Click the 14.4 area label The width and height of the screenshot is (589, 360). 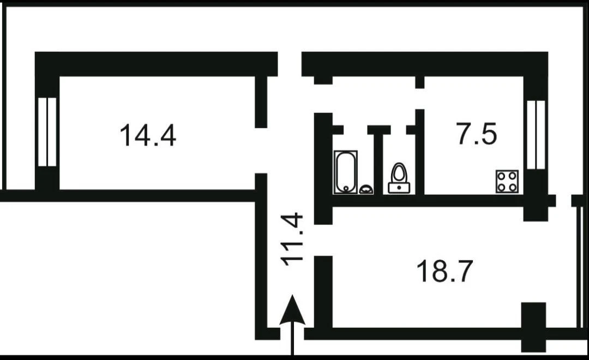[148, 135]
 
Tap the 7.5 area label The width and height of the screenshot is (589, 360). [477, 134]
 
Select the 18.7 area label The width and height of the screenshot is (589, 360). [444, 271]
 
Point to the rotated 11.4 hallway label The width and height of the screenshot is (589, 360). [293, 239]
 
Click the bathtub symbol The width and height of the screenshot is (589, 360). [346, 172]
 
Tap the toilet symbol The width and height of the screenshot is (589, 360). [399, 178]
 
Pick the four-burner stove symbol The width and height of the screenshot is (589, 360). [507, 182]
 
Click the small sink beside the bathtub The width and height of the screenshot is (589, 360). [366, 189]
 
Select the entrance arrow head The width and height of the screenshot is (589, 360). [292, 310]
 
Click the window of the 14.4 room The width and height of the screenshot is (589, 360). [47, 132]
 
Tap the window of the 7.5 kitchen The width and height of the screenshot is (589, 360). [536, 135]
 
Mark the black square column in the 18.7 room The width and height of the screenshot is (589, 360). [533, 327]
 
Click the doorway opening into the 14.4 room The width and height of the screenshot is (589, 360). [261, 151]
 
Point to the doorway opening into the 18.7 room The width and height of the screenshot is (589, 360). [323, 240]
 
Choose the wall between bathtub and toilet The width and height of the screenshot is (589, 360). [378, 164]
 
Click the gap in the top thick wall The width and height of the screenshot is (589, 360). [290, 64]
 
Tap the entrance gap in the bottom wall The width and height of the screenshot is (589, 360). [292, 334]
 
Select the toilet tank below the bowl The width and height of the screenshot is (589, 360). [399, 188]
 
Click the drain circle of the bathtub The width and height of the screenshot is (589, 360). [346, 188]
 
